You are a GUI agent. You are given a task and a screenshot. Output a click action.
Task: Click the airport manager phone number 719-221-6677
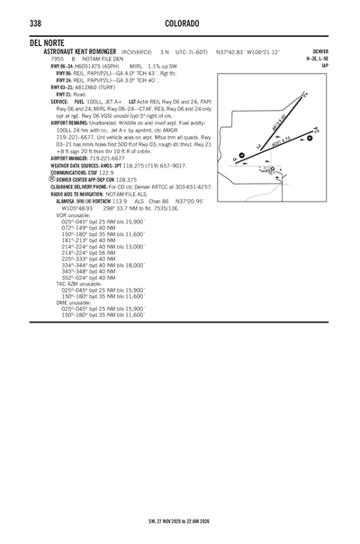click(105, 158)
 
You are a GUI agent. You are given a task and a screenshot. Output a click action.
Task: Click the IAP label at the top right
click(325, 65)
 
